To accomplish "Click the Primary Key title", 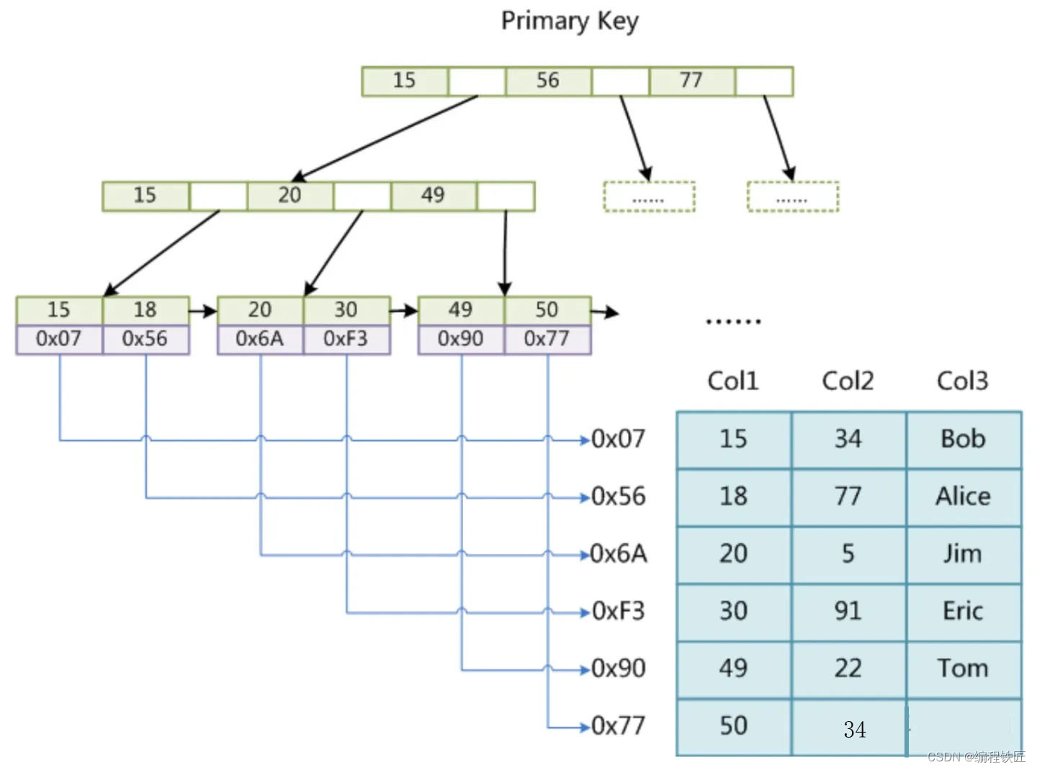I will pos(569,21).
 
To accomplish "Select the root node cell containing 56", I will pos(548,81).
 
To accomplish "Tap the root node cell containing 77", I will pos(691,81).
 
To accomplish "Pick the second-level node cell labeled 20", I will pos(289,196).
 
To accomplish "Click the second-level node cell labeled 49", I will pos(433,196).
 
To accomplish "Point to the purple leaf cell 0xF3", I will pos(346,339).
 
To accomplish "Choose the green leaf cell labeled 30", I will pos(346,310).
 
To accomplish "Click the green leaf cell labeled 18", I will pos(145,310).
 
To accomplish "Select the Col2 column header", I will pos(848,381).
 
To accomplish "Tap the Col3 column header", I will pos(962,381).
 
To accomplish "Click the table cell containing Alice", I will pos(963,497).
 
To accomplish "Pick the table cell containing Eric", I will pos(963,611).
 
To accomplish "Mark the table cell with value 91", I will pos(848,611).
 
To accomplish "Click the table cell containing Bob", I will pos(963,439).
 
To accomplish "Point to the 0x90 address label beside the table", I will pos(618,669).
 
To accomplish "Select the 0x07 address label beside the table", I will pos(618,439).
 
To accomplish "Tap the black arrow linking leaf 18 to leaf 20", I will pos(203,312).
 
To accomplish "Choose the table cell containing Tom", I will pos(963,669).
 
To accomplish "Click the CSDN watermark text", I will pos(976,756).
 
